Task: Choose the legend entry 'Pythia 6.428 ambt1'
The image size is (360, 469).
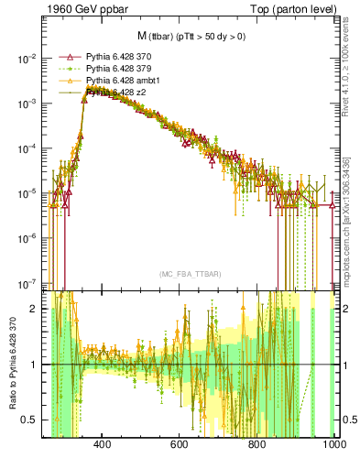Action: (117, 81)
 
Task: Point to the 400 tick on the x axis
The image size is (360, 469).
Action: (103, 445)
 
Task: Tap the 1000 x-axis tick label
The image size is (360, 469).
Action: (333, 445)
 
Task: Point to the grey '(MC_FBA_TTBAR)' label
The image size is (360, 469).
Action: (190, 274)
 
